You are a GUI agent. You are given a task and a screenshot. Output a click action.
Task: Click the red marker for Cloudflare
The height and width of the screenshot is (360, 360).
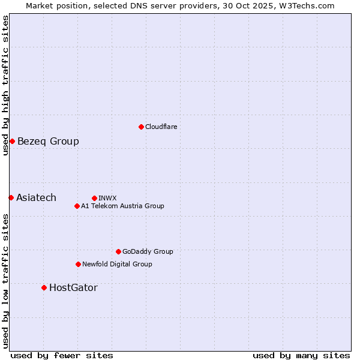click(x=141, y=127)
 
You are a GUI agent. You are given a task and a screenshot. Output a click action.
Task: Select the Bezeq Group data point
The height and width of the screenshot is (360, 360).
click(x=12, y=141)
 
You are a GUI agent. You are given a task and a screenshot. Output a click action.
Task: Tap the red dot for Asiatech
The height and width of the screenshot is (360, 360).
click(x=11, y=197)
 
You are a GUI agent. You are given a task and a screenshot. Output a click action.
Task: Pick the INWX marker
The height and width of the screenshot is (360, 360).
click(x=94, y=198)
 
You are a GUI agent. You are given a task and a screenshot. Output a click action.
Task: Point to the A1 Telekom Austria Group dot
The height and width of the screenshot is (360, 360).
click(x=77, y=206)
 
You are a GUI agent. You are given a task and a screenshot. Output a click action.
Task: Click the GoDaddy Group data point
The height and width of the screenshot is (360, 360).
click(x=118, y=251)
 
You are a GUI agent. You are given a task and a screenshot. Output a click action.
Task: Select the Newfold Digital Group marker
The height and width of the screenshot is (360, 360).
click(x=78, y=264)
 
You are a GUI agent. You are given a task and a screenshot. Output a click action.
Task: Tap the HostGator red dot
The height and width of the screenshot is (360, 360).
click(x=44, y=287)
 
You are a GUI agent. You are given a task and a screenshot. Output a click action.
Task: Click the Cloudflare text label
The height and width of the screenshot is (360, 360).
click(x=161, y=127)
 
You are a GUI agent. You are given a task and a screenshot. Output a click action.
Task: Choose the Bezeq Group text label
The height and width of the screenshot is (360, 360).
click(x=48, y=142)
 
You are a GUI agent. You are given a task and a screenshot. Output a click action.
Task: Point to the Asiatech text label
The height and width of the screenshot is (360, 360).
click(x=36, y=198)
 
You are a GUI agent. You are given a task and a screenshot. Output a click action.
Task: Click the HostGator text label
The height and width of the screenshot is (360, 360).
click(x=73, y=288)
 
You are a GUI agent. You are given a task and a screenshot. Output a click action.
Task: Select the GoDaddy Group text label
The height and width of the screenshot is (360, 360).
click(x=148, y=252)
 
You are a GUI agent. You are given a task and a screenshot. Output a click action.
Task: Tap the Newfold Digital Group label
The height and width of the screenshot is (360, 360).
click(x=117, y=265)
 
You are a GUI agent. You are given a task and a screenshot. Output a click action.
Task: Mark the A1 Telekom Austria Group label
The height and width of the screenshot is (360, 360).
click(x=122, y=206)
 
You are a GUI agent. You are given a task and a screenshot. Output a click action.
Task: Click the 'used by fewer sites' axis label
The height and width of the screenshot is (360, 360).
click(x=62, y=355)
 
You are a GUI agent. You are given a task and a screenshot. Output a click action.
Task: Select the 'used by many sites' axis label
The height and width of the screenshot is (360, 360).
click(x=301, y=355)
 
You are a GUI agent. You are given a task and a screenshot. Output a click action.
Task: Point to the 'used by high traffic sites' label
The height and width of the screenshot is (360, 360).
click(x=5, y=85)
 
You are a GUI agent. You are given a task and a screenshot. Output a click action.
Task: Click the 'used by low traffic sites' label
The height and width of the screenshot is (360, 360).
click(x=5, y=281)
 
